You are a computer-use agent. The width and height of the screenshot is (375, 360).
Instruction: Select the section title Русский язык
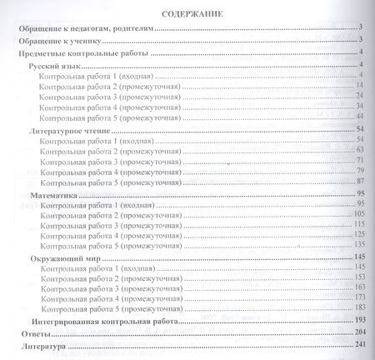pyautogui.click(x=55, y=64)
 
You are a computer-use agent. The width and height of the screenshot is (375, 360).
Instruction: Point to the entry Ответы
pyautogui.click(x=27, y=332)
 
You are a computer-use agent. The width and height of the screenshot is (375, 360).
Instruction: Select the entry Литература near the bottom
pyautogui.click(x=37, y=345)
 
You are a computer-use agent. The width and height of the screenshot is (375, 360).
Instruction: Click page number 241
pyautogui.click(x=359, y=345)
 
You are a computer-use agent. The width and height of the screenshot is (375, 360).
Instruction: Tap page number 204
pyautogui.click(x=359, y=332)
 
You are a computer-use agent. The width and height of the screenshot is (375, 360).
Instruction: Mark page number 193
pyautogui.click(x=359, y=320)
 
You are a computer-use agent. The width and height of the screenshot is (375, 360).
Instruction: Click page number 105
pyautogui.click(x=359, y=214)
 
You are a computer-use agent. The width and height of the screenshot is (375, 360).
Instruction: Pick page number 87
pyautogui.click(x=361, y=181)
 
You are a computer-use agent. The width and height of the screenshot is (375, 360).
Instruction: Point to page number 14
pyautogui.click(x=361, y=86)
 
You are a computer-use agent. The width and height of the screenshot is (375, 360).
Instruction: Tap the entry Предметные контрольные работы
pyautogui.click(x=82, y=52)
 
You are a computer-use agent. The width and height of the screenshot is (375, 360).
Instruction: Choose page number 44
pyautogui.click(x=361, y=117)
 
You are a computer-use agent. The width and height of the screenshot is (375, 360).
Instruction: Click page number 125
pyautogui.click(x=359, y=236)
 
